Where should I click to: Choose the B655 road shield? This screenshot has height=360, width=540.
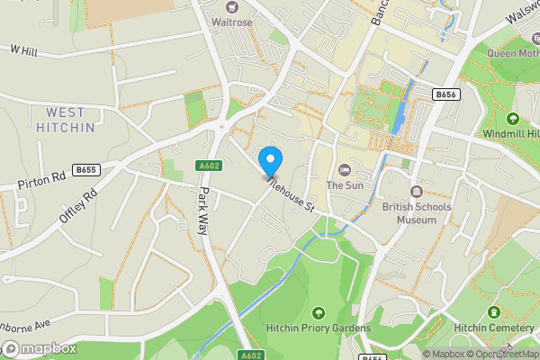(86, 169)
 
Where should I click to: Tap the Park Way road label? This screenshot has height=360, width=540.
(204, 212)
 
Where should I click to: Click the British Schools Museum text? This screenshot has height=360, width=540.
(417, 212)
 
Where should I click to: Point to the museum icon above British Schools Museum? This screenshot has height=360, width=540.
(417, 191)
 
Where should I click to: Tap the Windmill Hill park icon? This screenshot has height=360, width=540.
(513, 119)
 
